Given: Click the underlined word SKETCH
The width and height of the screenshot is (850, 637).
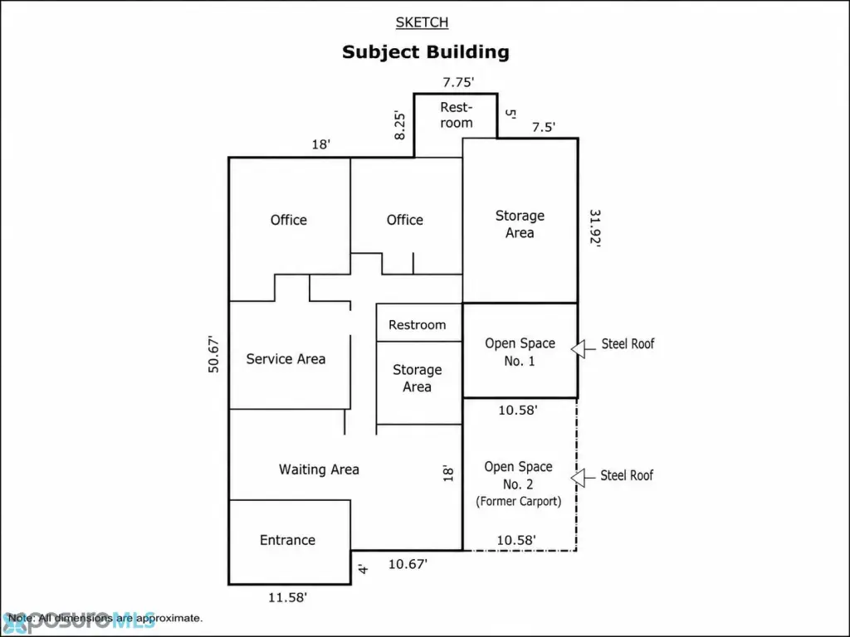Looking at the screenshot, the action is (422, 22).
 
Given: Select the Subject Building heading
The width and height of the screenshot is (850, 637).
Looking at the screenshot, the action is (426, 52).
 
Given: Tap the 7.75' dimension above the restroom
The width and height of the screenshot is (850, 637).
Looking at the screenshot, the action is (458, 82).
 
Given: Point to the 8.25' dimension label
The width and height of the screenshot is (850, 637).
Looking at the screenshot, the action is (399, 126).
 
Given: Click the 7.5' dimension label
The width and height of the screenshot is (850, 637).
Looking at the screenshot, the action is (543, 127).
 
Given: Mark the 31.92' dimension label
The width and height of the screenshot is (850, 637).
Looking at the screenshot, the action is (595, 229).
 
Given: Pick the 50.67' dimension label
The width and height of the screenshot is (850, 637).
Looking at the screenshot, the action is (213, 355).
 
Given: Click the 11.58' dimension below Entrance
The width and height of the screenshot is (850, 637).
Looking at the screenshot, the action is (287, 597).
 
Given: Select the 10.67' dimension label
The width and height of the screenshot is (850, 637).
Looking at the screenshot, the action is (408, 564).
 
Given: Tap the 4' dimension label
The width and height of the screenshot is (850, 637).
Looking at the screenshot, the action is (364, 569).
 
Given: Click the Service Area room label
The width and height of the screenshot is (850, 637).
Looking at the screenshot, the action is (286, 359).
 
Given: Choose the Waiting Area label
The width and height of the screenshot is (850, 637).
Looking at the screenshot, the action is (319, 469).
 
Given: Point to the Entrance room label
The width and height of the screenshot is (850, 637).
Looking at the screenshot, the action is (287, 540).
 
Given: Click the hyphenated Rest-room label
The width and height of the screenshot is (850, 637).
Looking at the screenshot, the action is (457, 114).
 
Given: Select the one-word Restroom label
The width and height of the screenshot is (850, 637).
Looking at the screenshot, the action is (418, 325).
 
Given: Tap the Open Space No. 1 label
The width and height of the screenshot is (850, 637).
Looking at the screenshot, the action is (520, 352).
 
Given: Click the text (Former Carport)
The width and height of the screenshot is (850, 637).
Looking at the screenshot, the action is (518, 502).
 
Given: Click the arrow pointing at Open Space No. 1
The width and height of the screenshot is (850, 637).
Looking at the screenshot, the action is (584, 349).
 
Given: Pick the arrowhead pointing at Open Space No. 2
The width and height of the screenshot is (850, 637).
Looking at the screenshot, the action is (578, 479).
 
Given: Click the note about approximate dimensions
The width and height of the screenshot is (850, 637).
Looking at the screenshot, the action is (105, 618).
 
